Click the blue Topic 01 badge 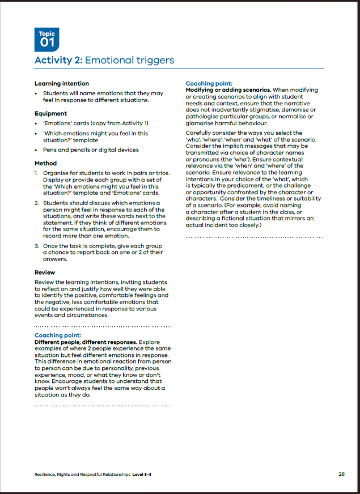click(x=46, y=39)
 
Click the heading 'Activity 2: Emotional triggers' click(x=104, y=60)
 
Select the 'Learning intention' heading click(x=62, y=83)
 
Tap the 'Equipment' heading click(x=50, y=113)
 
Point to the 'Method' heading click(x=45, y=163)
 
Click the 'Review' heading click(x=45, y=272)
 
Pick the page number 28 click(x=341, y=474)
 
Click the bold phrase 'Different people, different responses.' click(x=85, y=342)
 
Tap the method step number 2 click(x=36, y=203)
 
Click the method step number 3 click(x=36, y=246)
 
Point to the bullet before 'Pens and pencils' click(x=36, y=150)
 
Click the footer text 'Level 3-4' click(x=142, y=475)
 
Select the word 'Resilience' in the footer click(x=45, y=475)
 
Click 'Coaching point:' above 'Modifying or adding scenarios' click(x=209, y=83)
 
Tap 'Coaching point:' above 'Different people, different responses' click(x=57, y=335)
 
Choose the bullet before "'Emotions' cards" click(x=36, y=123)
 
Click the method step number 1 click(x=36, y=173)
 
